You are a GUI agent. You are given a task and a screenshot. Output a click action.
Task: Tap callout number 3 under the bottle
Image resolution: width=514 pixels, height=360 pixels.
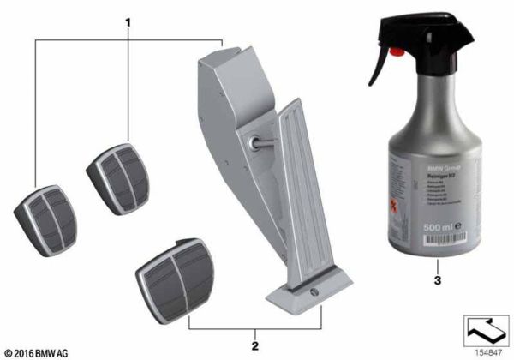tap(438, 279)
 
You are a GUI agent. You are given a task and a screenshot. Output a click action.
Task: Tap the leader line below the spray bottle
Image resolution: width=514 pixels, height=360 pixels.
tap(438, 261)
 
